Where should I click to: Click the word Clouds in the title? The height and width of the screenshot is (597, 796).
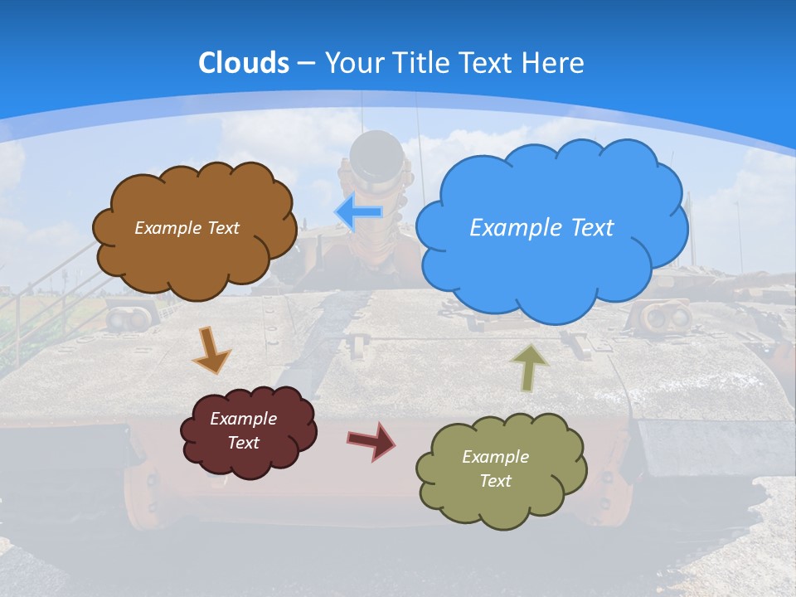click(x=244, y=62)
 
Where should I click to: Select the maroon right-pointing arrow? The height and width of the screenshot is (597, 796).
click(x=371, y=439)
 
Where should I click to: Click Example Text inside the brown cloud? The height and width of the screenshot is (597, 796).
click(x=187, y=227)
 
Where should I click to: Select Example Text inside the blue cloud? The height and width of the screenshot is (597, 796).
click(x=541, y=227)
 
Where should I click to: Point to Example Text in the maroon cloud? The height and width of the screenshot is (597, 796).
click(x=244, y=430)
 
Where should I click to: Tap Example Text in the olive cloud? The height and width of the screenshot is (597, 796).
click(x=495, y=468)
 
